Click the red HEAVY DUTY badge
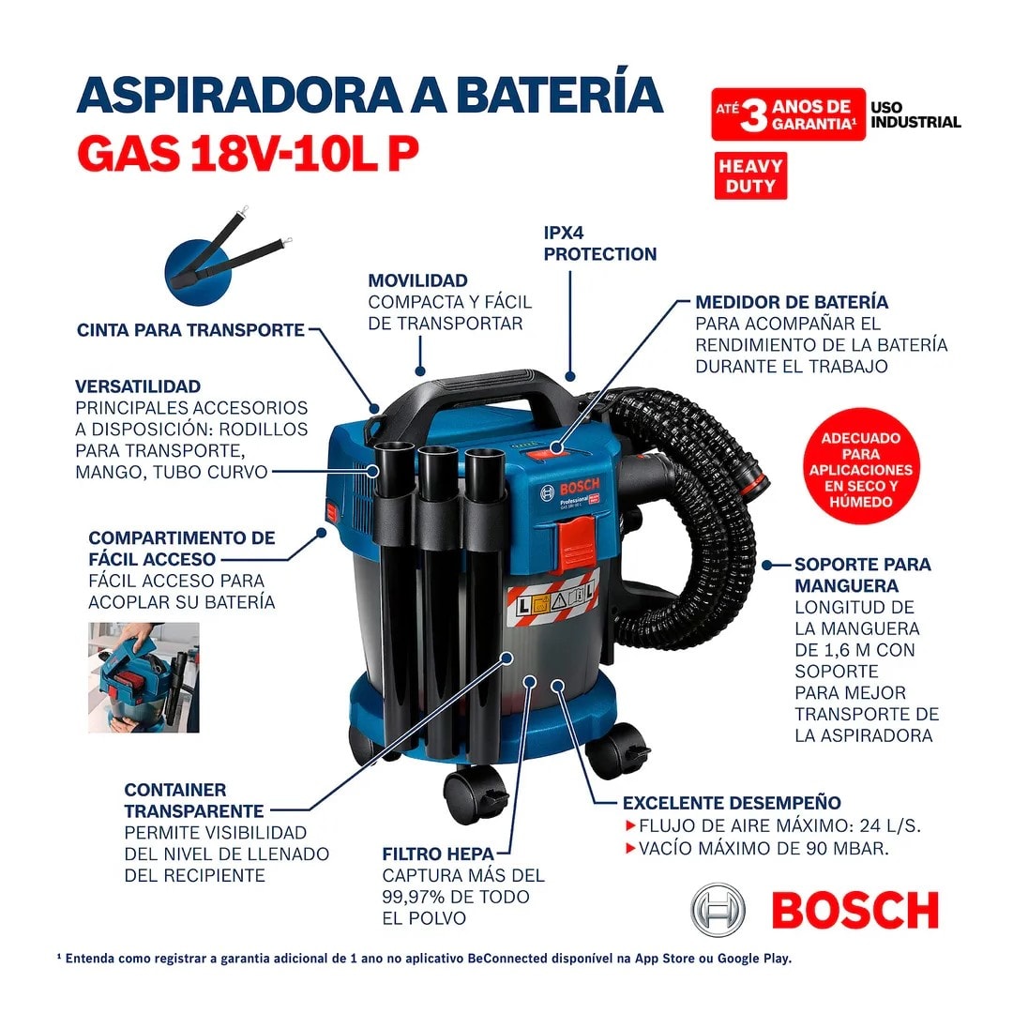[x=750, y=176]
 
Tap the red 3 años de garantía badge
[x=788, y=114]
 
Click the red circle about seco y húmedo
[x=860, y=470]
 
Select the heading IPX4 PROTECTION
[x=600, y=244]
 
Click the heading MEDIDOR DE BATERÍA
[x=792, y=302]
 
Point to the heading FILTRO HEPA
[x=431, y=854]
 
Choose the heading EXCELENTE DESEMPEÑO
[x=732, y=803]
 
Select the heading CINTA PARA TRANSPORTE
[x=190, y=330]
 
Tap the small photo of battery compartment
[x=144, y=677]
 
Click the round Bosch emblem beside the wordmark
[x=719, y=910]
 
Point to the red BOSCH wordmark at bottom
[x=854, y=911]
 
